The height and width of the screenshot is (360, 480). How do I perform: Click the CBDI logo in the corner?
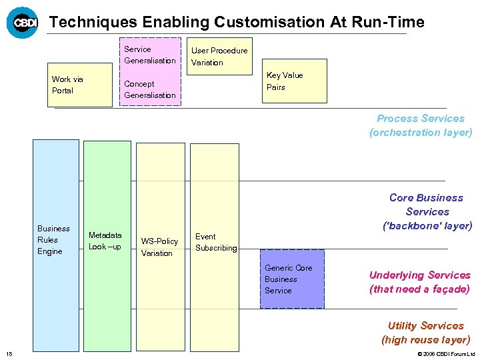22,23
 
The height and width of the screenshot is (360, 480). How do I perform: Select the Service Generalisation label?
150,55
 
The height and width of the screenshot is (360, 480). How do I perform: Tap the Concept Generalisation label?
150,89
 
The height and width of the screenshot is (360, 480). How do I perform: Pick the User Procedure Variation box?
219,57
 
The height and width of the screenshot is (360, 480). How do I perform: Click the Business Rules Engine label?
53,240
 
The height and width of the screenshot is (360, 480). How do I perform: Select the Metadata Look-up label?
105,241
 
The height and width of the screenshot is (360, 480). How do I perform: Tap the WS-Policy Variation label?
159,247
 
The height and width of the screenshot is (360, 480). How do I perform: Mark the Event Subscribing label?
215,242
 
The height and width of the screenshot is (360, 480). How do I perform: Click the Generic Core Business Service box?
292,279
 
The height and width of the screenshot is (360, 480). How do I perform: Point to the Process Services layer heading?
421,125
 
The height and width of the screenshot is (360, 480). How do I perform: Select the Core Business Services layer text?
427,211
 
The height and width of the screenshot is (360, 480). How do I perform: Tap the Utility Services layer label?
425,332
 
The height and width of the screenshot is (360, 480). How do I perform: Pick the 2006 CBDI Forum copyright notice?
445,353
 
